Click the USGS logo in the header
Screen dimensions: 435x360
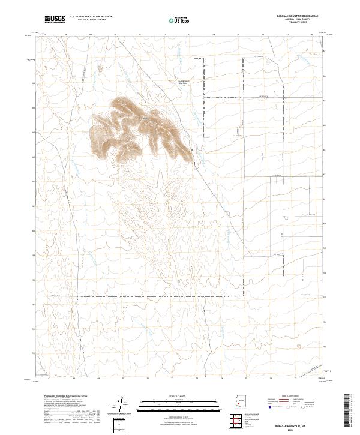(x=54, y=20)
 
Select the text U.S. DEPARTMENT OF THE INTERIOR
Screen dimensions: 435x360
(x=91, y=16)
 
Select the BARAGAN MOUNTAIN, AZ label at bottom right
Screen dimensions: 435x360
(x=287, y=424)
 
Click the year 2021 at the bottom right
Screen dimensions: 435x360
(x=287, y=430)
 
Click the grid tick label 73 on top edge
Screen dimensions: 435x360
(x=189, y=35)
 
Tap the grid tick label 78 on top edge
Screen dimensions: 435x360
(x=311, y=35)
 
